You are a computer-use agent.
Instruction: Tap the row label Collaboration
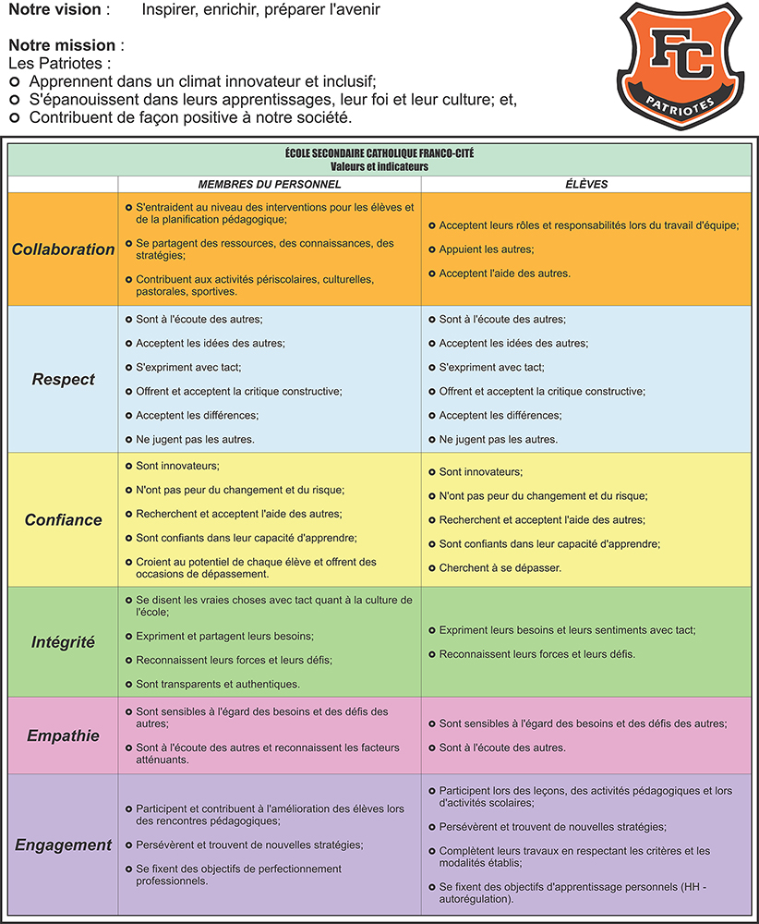tap(64, 249)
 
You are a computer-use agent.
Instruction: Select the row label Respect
tap(64, 379)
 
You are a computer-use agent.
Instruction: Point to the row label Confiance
tap(64, 519)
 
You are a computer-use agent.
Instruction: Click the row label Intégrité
tap(64, 641)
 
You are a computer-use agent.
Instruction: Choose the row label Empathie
tap(64, 736)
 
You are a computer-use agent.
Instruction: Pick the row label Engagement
tap(64, 845)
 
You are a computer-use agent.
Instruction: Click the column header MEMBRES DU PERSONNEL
tap(270, 184)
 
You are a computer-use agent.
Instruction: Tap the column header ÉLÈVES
tap(587, 184)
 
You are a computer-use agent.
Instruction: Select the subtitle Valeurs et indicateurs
tap(379, 166)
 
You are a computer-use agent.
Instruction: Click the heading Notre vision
tap(59, 10)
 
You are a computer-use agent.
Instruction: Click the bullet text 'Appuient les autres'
tap(486, 249)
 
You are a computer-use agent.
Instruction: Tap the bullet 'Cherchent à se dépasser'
tap(500, 567)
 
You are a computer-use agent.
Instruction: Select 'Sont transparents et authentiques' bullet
tap(218, 684)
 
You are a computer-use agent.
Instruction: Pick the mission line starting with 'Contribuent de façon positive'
tap(190, 117)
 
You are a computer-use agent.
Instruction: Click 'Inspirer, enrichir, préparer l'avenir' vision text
tap(261, 10)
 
